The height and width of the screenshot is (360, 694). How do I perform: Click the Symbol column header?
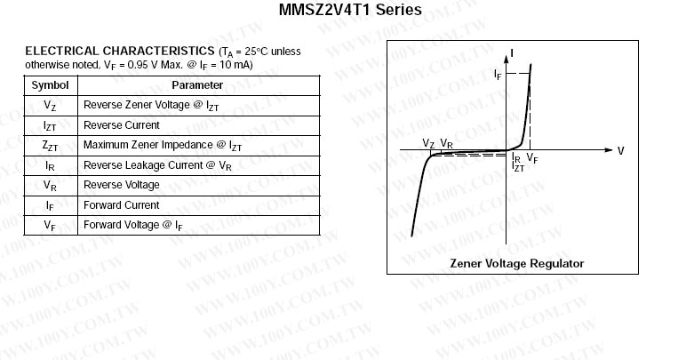(50, 85)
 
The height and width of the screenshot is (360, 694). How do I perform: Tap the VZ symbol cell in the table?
(50, 105)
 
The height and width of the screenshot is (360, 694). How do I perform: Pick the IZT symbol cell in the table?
(50, 125)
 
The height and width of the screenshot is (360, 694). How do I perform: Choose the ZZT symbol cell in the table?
(50, 145)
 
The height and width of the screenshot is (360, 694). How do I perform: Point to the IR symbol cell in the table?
(50, 165)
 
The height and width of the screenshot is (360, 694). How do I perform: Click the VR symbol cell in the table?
(50, 185)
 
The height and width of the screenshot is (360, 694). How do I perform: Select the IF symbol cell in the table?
(50, 205)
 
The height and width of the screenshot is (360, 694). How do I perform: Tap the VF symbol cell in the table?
(50, 225)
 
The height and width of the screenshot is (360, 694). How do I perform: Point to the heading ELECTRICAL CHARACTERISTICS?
(120, 51)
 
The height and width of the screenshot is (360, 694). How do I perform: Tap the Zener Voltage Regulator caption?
(517, 263)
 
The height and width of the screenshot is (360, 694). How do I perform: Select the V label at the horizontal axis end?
(620, 151)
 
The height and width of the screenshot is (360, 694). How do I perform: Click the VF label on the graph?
(531, 158)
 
